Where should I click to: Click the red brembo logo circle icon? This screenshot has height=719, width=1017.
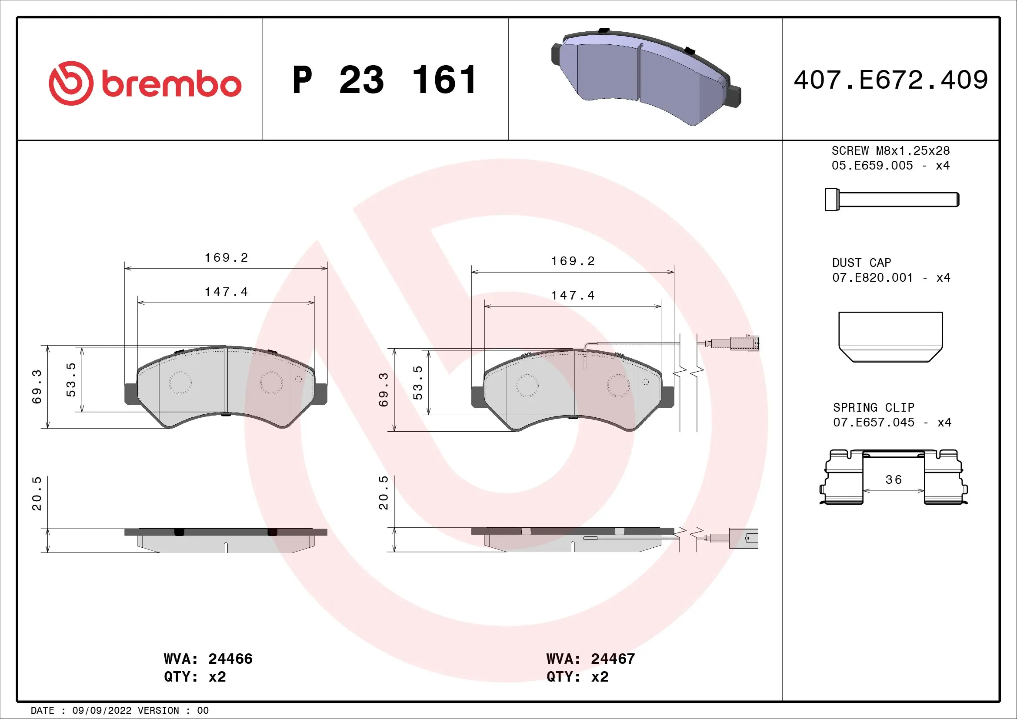(x=71, y=83)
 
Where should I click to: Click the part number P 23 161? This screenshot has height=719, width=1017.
(x=384, y=80)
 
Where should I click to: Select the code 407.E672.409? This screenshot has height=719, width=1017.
(x=890, y=80)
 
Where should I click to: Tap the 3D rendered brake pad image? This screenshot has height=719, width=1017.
(x=646, y=77)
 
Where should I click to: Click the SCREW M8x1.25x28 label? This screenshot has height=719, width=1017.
(x=890, y=151)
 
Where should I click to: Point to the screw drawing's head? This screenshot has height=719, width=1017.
(x=831, y=199)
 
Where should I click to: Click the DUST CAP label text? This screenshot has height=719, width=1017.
(x=861, y=263)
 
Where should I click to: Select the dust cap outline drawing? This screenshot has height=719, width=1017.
(x=890, y=336)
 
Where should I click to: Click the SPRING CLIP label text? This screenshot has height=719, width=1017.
(x=873, y=407)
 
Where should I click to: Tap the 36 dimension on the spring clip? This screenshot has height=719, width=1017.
(x=894, y=480)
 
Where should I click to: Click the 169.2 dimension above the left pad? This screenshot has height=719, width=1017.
(x=226, y=258)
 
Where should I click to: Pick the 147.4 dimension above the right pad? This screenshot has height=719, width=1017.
(x=573, y=295)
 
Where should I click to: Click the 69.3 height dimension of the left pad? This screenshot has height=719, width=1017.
(x=37, y=386)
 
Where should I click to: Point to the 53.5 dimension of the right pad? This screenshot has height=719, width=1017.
(x=418, y=383)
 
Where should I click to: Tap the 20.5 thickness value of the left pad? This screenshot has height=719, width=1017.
(x=37, y=493)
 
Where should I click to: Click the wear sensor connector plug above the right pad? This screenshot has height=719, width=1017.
(x=744, y=343)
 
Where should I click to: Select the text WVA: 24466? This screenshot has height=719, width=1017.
(x=208, y=659)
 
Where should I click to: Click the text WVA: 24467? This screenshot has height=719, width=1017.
(x=590, y=659)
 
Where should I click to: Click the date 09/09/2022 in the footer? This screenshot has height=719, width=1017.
(x=101, y=711)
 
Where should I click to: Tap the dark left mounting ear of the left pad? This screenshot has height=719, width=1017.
(x=131, y=393)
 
